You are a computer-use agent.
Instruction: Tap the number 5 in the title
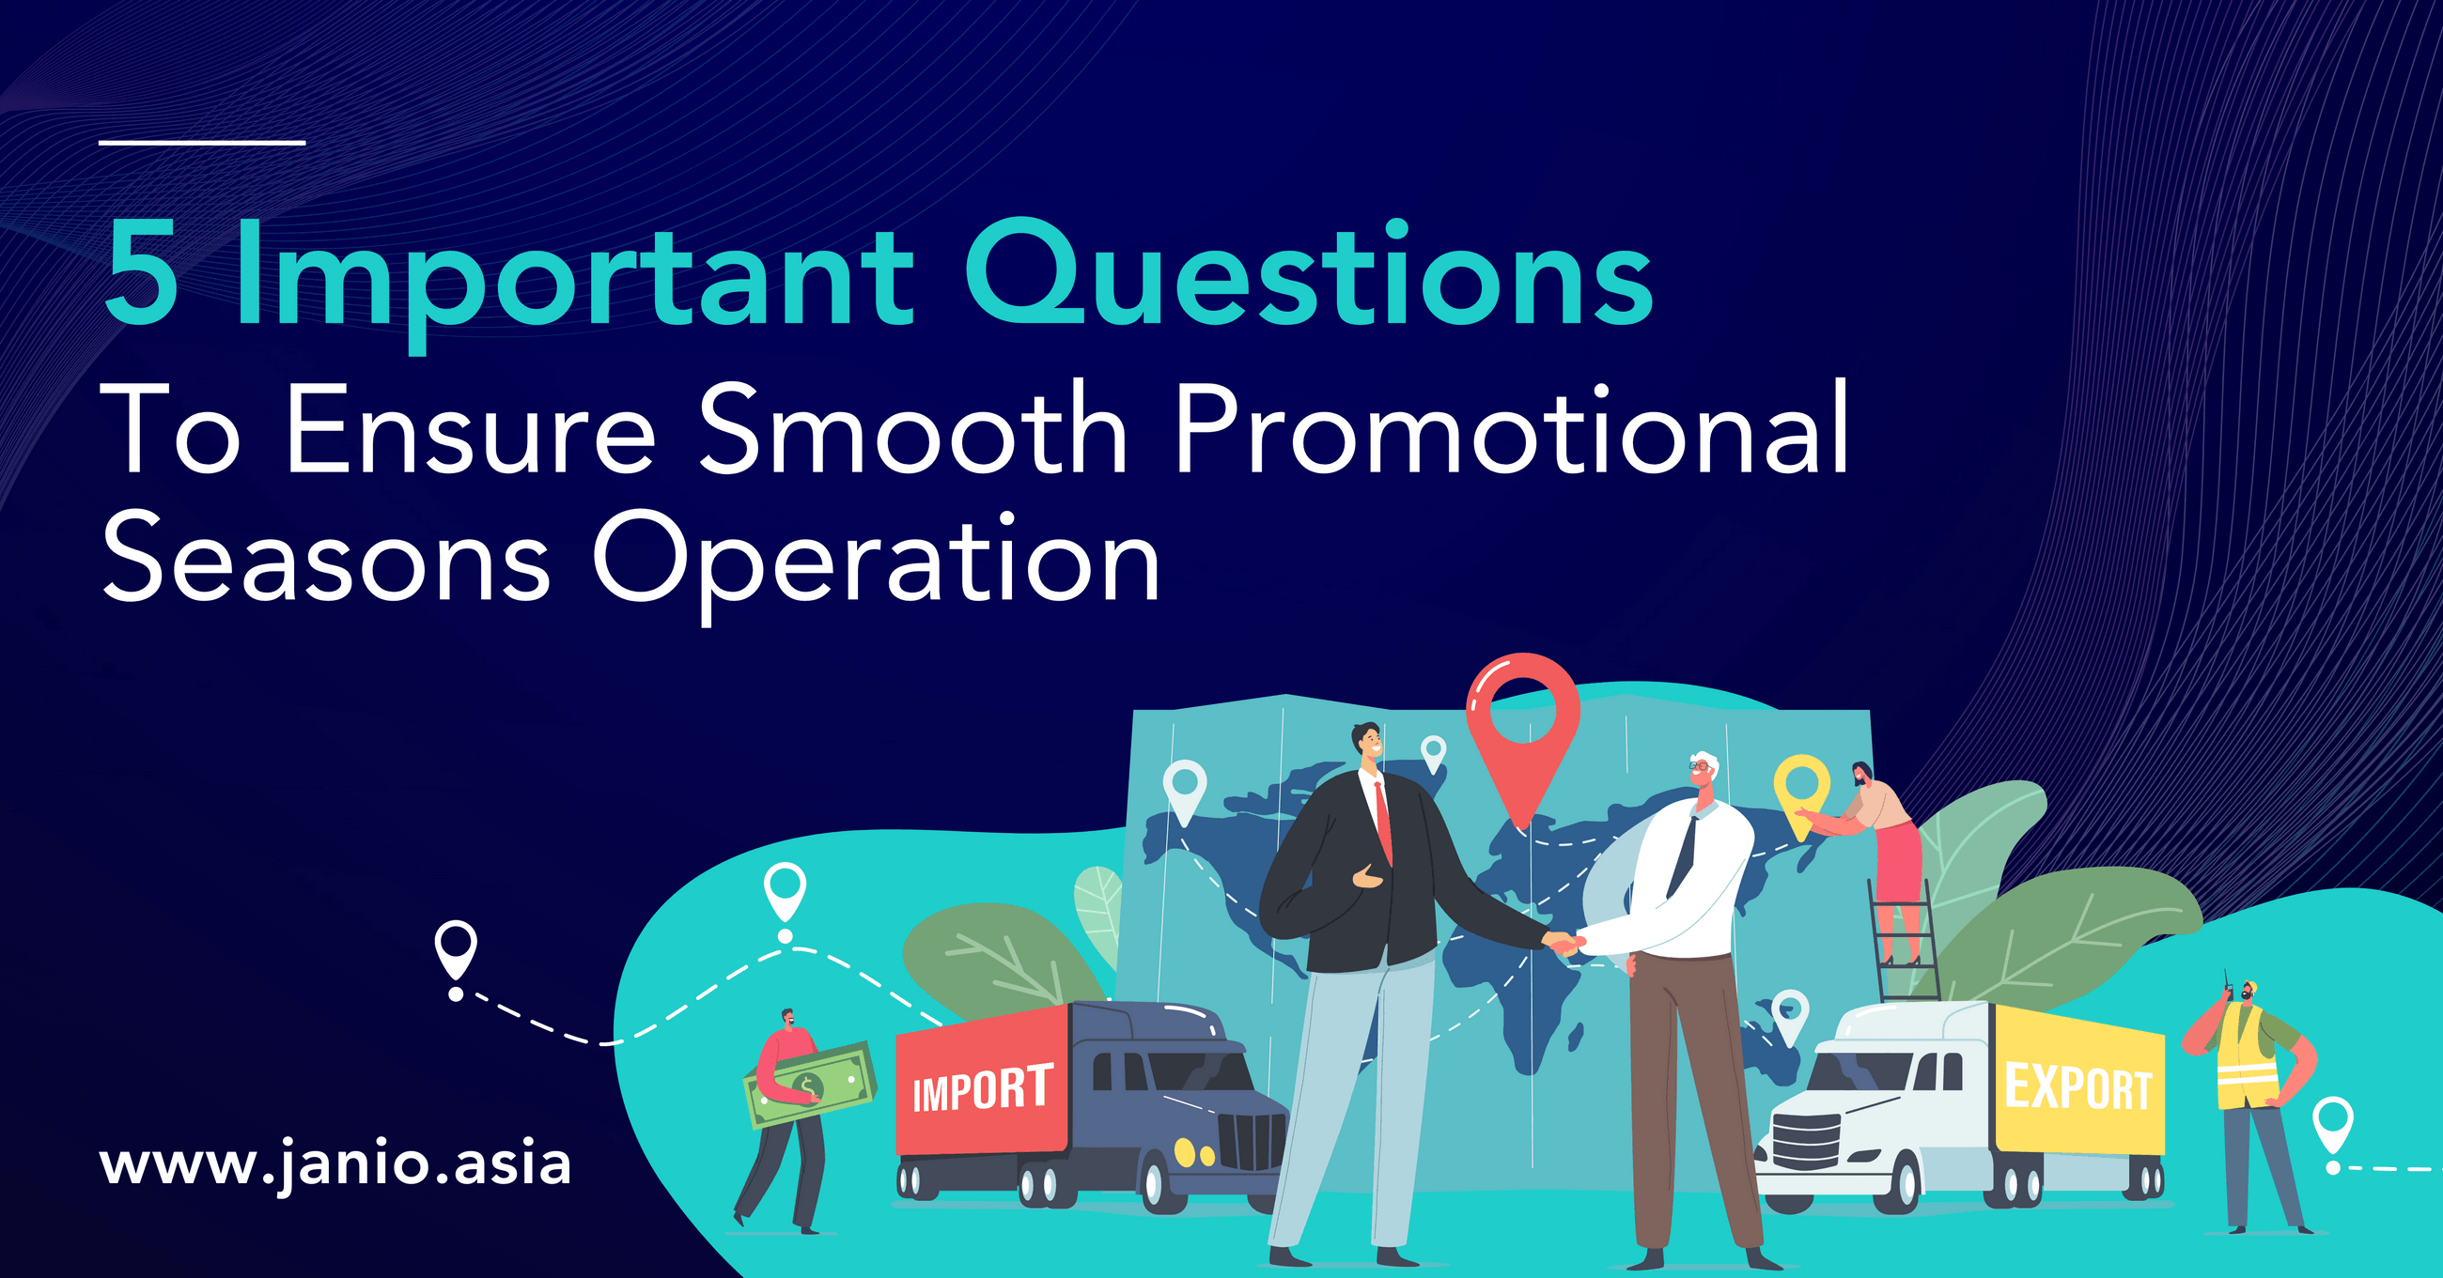(141, 273)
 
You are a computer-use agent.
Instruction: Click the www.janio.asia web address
(335, 1165)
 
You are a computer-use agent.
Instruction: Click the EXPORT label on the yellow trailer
(2077, 1086)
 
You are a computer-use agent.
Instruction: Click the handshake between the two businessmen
(1563, 945)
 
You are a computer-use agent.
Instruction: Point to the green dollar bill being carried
(809, 1085)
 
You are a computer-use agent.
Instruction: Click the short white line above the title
(202, 142)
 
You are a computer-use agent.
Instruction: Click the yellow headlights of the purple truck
(1193, 1153)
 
